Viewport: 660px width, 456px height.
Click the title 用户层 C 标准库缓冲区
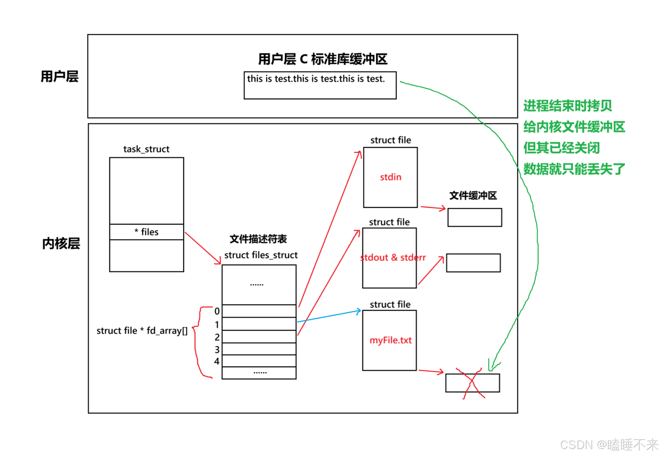click(322, 59)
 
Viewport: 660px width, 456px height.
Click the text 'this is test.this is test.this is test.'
click(316, 79)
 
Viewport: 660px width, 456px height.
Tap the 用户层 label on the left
click(59, 76)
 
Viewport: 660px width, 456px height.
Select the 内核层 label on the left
click(61, 244)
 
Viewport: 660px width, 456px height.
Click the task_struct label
click(146, 149)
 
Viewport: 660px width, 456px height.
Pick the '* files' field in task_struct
click(146, 232)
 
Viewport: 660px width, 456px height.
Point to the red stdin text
click(390, 177)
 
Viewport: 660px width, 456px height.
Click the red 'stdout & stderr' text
click(393, 258)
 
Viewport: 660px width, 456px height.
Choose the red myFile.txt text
click(390, 340)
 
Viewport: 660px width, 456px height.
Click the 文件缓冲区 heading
click(473, 196)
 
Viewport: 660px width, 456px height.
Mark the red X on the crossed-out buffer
click(473, 383)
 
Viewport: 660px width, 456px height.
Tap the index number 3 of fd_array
click(217, 349)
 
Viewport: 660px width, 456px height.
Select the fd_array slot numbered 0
click(259, 311)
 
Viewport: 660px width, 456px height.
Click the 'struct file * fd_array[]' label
click(142, 331)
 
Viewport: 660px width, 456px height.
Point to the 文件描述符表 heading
click(258, 239)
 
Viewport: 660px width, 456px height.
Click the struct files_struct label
click(261, 255)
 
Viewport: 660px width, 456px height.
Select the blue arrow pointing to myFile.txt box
click(329, 316)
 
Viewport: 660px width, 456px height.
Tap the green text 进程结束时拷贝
click(567, 106)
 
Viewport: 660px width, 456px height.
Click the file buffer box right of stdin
click(474, 217)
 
